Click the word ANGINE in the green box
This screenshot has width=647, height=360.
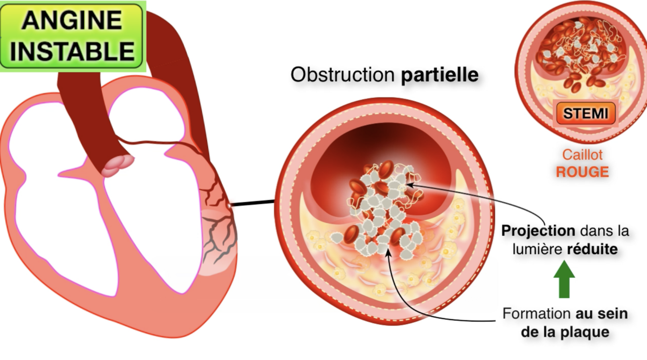click(71, 20)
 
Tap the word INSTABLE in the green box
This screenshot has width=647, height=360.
click(72, 50)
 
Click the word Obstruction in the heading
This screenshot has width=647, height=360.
click(342, 75)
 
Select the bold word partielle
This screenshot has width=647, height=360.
click(439, 75)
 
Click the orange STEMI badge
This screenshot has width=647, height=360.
click(585, 114)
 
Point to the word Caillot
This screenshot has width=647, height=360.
click(582, 155)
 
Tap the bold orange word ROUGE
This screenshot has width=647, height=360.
click(582, 172)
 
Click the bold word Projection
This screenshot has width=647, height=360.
click(538, 230)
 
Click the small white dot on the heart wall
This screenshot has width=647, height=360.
click(229, 206)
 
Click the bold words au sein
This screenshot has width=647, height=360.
click(601, 313)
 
